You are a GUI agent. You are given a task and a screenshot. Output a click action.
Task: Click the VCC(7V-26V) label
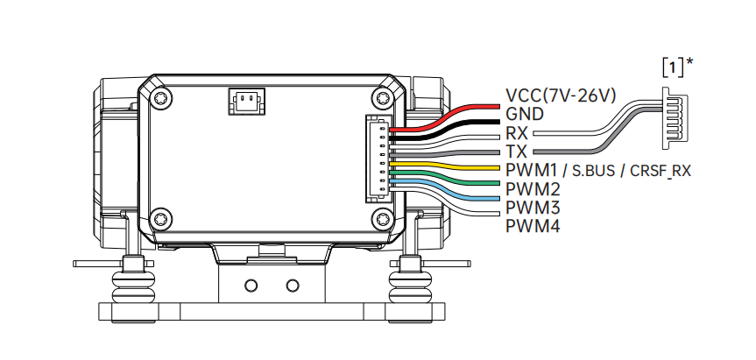point(561,95)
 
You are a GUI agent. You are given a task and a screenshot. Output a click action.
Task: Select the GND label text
point(525,114)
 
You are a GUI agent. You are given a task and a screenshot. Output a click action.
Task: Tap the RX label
point(517,133)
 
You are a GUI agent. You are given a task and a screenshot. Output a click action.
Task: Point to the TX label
point(516,152)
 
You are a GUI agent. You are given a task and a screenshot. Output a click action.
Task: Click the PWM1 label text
point(532,170)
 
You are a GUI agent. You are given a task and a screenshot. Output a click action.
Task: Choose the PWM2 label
point(533,189)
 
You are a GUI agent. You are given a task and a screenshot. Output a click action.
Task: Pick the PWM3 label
point(533,208)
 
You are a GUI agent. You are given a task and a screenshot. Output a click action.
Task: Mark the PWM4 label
point(533,226)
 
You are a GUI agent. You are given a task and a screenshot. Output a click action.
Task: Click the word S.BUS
point(594,171)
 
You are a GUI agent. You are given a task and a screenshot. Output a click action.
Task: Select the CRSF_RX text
point(661,171)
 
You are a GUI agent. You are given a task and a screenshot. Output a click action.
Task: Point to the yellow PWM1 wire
point(444,166)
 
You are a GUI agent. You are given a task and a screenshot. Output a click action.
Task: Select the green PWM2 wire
point(444,177)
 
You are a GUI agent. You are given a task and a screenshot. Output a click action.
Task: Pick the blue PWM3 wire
point(444,189)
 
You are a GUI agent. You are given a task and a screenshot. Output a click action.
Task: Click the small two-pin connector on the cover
point(246,102)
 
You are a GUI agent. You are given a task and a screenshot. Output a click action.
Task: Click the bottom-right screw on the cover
point(384,219)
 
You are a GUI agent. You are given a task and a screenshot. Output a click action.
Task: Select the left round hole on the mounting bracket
point(251,286)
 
